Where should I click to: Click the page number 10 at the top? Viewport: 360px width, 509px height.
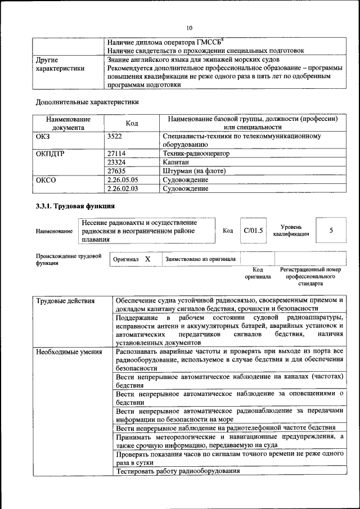tap(189, 28)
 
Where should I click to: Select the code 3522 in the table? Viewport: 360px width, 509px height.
tap(114, 136)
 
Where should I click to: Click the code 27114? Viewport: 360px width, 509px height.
tap(116, 153)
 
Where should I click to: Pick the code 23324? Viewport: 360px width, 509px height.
tap(116, 162)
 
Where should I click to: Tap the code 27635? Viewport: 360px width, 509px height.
tap(116, 171)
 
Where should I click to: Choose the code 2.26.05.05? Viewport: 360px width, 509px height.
tap(122, 180)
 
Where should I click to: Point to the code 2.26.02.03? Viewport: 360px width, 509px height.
tap(122, 189)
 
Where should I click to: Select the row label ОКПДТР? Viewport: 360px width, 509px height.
tap(49, 153)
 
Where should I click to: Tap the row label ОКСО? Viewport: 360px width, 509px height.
tap(46, 180)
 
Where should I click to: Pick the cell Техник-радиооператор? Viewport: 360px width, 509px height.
tap(196, 153)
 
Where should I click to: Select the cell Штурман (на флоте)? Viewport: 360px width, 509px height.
tap(193, 171)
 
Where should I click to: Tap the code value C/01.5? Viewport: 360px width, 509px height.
tap(253, 231)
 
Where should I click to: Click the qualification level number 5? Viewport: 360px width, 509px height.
tap(331, 231)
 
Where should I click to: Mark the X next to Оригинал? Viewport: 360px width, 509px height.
tap(147, 259)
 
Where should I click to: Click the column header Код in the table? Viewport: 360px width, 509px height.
tap(132, 123)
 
